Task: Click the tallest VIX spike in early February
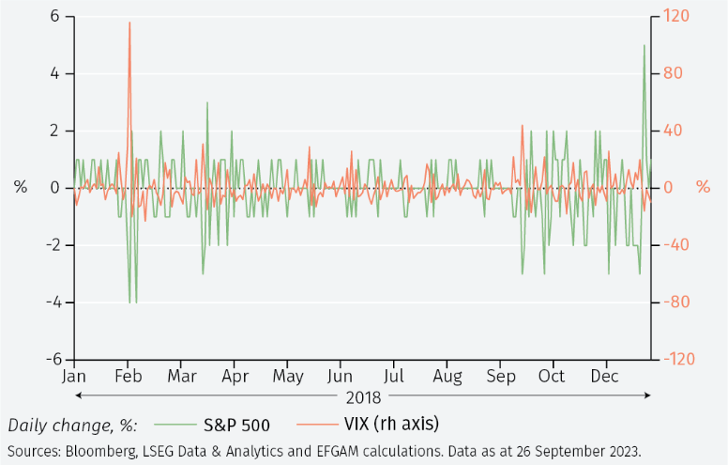coord(129,23)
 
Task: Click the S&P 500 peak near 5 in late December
coord(644,46)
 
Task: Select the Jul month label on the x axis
coord(394,377)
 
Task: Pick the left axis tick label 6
coord(54,16)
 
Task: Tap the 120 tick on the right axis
coord(675,16)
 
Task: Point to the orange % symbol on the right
coord(703,187)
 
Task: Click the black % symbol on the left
coord(21,187)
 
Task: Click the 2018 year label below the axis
coord(363,395)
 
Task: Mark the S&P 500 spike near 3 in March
coord(207,102)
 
